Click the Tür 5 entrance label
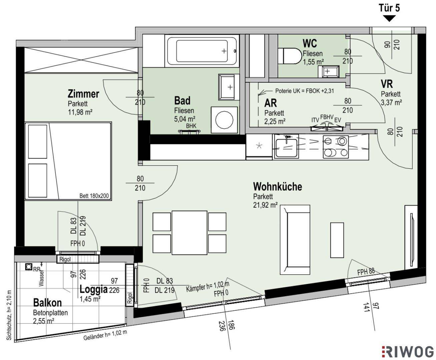click(389, 8)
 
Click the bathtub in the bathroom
click(202, 51)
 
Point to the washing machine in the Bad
click(224, 120)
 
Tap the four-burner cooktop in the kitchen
click(336, 147)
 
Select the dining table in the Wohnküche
click(189, 233)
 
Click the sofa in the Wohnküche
click(295, 240)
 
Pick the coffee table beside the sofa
click(337, 240)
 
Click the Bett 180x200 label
click(94, 196)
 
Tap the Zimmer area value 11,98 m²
click(80, 112)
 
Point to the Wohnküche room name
click(278, 186)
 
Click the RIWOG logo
click(408, 352)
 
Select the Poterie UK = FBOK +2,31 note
click(305, 91)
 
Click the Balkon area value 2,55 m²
click(43, 321)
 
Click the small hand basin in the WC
click(329, 71)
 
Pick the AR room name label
click(271, 103)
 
